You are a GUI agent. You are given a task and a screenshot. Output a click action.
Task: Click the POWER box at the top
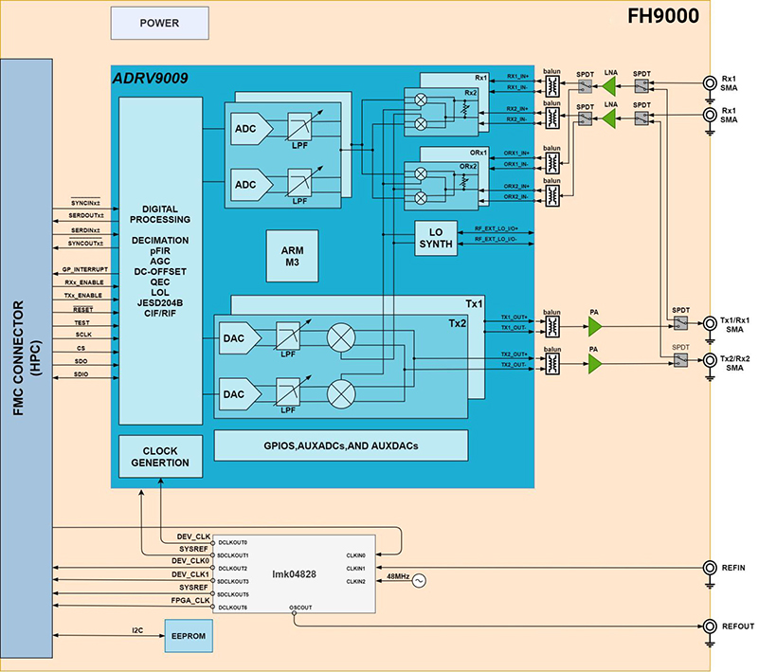pyautogui.click(x=159, y=23)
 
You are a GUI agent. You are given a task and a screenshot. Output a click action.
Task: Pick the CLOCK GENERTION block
pyautogui.click(x=160, y=456)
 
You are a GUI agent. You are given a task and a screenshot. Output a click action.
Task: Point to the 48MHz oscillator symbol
pyautogui.click(x=416, y=581)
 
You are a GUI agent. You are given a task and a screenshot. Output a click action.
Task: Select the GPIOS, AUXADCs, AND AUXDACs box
pyautogui.click(x=341, y=445)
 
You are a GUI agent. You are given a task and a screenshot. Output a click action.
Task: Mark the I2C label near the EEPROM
pyautogui.click(x=138, y=627)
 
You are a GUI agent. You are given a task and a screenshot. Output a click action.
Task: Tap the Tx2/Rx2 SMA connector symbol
pyautogui.click(x=710, y=361)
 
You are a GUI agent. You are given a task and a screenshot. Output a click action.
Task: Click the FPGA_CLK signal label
pyautogui.click(x=189, y=600)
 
